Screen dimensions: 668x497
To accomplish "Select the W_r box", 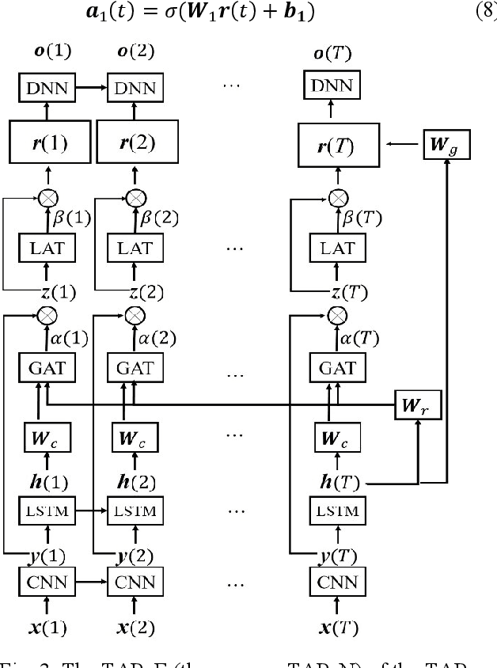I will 417,407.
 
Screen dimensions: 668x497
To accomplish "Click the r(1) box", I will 47,144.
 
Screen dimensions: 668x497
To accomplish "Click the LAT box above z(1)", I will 47,249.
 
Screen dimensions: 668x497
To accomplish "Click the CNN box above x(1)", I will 47,583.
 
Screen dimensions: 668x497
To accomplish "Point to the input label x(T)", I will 338,629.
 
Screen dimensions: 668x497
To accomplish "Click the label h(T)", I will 338,481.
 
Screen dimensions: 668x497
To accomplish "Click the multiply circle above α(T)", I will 338,316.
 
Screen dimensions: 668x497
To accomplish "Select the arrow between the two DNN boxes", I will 92,88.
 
